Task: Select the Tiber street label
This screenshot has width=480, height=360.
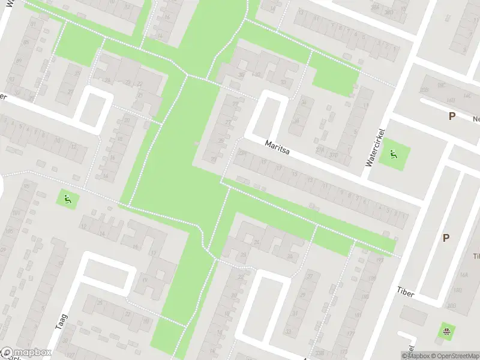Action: point(406,290)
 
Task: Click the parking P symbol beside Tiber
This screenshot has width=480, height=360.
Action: point(446,238)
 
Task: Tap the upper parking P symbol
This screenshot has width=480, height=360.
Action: point(451,116)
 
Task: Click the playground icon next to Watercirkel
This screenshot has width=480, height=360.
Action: point(394,154)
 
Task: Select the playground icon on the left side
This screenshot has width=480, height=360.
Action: point(67,198)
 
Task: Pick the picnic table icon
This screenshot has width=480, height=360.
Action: point(446,332)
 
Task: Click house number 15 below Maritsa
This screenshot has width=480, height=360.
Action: point(294,174)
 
